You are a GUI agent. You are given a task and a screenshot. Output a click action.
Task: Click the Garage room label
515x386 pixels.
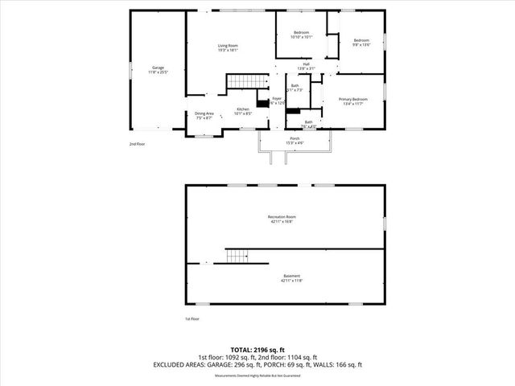pyautogui.click(x=159, y=67)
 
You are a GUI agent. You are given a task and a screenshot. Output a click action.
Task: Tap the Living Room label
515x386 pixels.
pyautogui.click(x=229, y=46)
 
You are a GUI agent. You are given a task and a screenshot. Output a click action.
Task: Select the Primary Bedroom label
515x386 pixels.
pyautogui.click(x=354, y=99)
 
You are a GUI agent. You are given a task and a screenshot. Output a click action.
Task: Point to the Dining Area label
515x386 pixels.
pyautogui.click(x=204, y=113)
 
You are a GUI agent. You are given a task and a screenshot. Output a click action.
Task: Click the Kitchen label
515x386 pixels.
pyautogui.click(x=242, y=109)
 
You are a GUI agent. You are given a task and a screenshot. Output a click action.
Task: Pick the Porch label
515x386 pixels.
pyautogui.click(x=295, y=138)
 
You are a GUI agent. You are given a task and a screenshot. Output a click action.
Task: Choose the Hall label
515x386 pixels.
pyautogui.click(x=306, y=64)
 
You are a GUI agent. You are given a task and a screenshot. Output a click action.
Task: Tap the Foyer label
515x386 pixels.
pyautogui.click(x=276, y=98)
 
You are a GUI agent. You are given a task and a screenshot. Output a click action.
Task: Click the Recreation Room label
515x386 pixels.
pyautogui.click(x=282, y=216)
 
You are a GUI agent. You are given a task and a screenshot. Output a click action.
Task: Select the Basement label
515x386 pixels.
pyautogui.click(x=290, y=276)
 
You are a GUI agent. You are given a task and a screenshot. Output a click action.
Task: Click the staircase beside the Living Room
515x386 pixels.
pyautogui.click(x=245, y=81)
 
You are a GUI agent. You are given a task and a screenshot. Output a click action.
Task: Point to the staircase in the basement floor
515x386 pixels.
pyautogui.click(x=236, y=257)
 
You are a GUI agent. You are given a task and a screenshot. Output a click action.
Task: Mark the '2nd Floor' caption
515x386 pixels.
pyautogui.click(x=137, y=144)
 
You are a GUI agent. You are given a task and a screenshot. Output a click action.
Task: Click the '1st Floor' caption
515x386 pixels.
pyautogui.click(x=193, y=319)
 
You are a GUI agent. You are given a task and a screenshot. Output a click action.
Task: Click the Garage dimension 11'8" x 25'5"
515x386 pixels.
pyautogui.click(x=159, y=72)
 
